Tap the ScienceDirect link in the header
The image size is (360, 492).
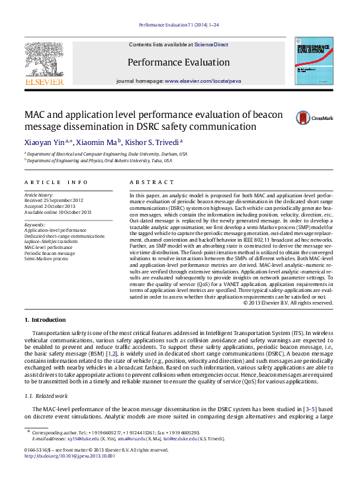[211, 44]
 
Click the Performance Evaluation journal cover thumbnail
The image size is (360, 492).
[314, 60]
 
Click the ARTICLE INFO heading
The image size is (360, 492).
[56, 181]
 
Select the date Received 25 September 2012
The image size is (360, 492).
[54, 200]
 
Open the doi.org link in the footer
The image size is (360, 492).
[69, 456]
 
